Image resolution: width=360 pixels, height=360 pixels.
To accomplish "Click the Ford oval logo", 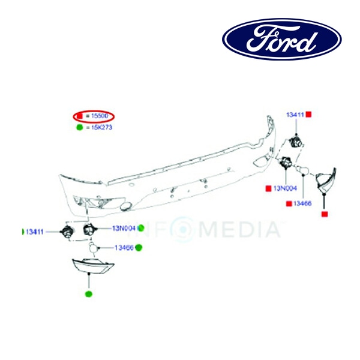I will click(x=282, y=39).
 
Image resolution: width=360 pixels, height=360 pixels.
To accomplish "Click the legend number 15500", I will click(x=100, y=115).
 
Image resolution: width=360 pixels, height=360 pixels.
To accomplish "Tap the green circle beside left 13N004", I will click(x=141, y=228).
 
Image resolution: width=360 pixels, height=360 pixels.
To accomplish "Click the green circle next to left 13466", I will click(x=139, y=247).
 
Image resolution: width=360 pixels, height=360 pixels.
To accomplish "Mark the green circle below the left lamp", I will click(x=89, y=294).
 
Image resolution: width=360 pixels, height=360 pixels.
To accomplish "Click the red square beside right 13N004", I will click(x=268, y=188).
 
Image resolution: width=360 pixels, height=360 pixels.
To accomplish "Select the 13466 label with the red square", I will click(x=301, y=204).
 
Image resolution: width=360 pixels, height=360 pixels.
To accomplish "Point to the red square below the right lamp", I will click(x=324, y=214).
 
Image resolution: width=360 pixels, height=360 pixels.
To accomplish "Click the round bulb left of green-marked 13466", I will click(x=93, y=247).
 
